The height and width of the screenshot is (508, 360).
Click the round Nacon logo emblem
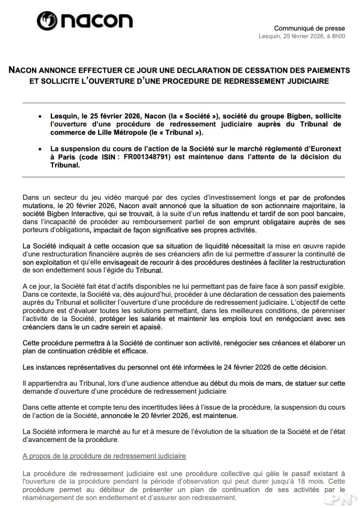tap(48, 21)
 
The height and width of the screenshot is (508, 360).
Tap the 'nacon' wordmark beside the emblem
tap(97, 21)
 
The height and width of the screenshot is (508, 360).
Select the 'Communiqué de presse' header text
tap(309, 28)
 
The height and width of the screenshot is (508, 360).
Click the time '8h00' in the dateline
tap(337, 37)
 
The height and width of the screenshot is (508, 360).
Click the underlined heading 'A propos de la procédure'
tap(104, 456)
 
